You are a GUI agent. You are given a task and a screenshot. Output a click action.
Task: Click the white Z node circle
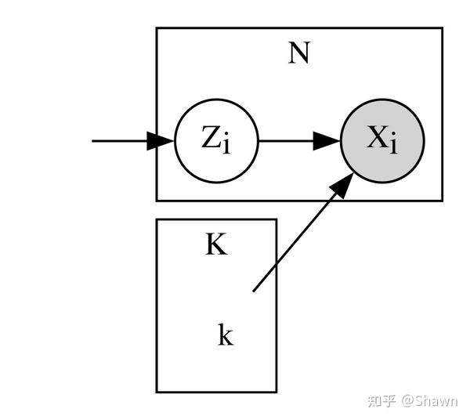(216, 141)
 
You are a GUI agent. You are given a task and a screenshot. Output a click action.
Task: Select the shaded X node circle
(382, 141)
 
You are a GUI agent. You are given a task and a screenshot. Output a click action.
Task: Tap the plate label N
(298, 52)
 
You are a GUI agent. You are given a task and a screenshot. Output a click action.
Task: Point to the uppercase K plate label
(216, 245)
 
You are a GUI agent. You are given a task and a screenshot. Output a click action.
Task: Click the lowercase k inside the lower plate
(226, 335)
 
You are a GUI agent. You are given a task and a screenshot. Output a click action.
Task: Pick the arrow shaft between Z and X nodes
(286, 141)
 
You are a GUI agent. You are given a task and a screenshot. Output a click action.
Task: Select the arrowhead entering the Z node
(162, 141)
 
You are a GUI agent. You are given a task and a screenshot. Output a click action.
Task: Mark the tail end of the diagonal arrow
(254, 291)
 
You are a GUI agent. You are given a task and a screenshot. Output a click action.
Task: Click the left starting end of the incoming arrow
(93, 141)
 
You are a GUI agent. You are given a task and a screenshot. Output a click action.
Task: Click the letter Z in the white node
(211, 139)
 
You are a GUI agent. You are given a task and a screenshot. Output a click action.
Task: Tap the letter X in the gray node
(378, 139)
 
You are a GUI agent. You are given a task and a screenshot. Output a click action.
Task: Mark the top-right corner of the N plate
(442, 28)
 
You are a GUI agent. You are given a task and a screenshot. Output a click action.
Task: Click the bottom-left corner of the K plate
(157, 391)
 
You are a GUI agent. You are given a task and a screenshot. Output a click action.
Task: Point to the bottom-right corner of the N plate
(442, 201)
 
